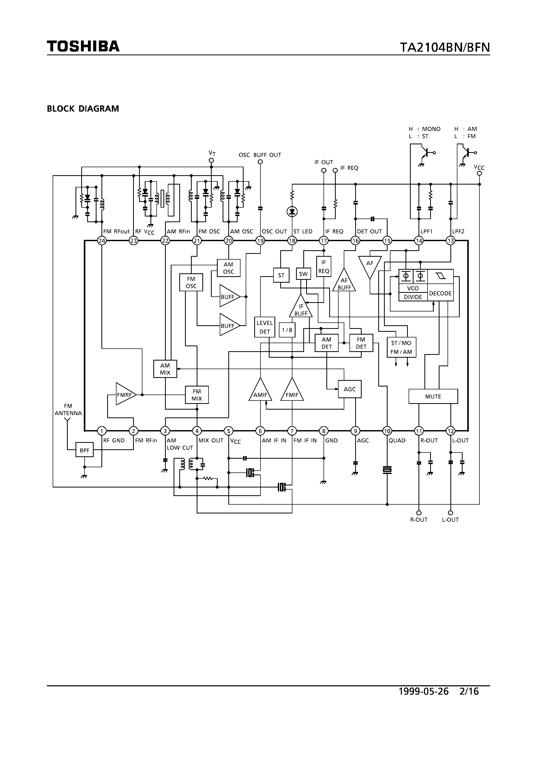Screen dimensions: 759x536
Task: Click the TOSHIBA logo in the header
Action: pyautogui.click(x=83, y=46)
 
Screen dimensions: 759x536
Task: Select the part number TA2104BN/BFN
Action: pyautogui.click(x=445, y=48)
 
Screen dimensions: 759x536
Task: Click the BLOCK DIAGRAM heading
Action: pyautogui.click(x=83, y=109)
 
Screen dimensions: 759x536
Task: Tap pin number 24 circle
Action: pyautogui.click(x=102, y=241)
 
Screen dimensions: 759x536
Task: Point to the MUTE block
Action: pyautogui.click(x=433, y=396)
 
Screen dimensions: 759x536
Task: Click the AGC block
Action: pyautogui.click(x=349, y=389)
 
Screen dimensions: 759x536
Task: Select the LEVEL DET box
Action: pyautogui.click(x=264, y=327)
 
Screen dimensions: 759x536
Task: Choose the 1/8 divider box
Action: pyautogui.click(x=287, y=330)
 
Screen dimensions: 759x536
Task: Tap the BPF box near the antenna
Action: pyautogui.click(x=84, y=450)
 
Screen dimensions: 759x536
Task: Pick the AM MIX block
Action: pyautogui.click(x=165, y=369)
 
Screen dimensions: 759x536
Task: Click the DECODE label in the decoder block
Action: pyautogui.click(x=440, y=293)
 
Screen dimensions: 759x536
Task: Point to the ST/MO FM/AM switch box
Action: pyautogui.click(x=401, y=347)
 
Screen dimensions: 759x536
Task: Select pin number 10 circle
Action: pyautogui.click(x=387, y=431)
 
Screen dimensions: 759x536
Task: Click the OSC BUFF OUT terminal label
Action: pyautogui.click(x=260, y=155)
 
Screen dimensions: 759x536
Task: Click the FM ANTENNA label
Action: pyautogui.click(x=68, y=410)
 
